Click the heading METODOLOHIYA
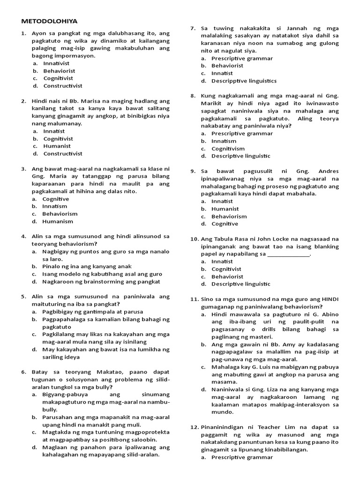50,21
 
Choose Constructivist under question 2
63,153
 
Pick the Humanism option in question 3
58,221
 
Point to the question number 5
23,297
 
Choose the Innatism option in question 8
224,141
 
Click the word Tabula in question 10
225,239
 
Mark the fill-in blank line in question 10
288,254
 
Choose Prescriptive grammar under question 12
242,457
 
